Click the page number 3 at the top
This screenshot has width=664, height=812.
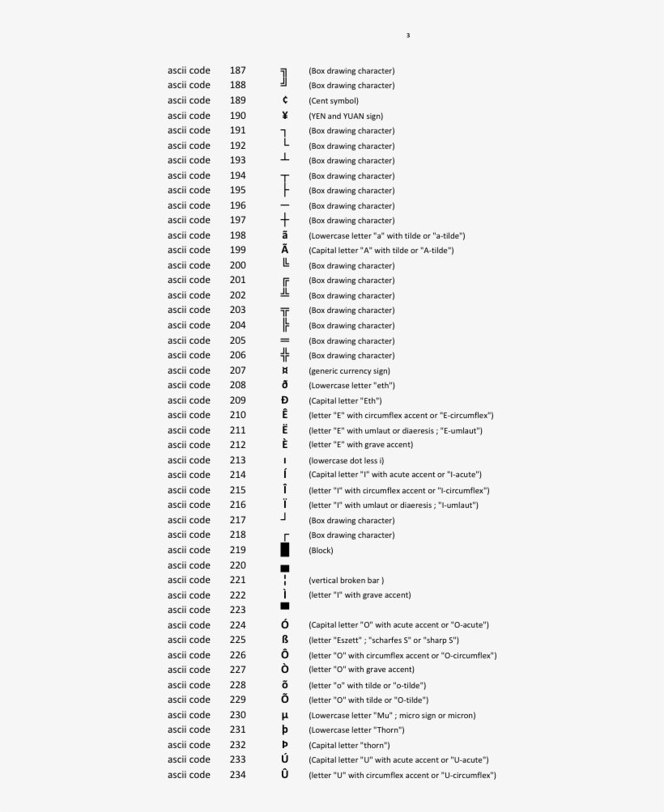tap(408, 36)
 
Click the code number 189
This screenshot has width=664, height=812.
tap(237, 100)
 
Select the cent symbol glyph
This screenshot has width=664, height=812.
tap(285, 100)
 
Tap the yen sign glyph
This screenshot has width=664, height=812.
tap(285, 116)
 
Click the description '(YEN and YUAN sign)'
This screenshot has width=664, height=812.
tap(346, 116)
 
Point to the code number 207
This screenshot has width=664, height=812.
tap(237, 370)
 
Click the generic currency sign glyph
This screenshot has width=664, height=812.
tap(285, 370)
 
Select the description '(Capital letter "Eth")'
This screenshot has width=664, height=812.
tap(345, 400)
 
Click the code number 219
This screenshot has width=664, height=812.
tap(237, 550)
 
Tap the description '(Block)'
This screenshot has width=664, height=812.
tap(321, 551)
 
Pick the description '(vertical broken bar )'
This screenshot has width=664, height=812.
tap(347, 580)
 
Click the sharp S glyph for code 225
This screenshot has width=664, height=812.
tap(285, 640)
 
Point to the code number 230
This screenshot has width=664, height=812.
tap(237, 715)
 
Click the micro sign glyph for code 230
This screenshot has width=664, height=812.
tap(285, 716)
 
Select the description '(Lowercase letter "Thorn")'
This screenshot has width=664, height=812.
tap(356, 730)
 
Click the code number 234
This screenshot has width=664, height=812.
tap(237, 775)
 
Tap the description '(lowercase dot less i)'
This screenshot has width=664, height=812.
tap(347, 460)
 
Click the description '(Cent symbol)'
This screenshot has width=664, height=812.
tap(334, 101)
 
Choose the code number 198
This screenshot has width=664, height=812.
tap(237, 235)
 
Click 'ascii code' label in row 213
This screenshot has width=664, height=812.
tap(189, 460)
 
